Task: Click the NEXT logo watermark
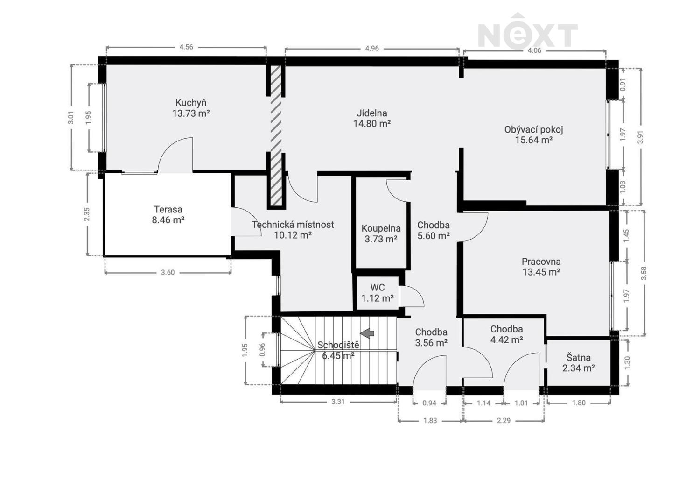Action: [527, 31]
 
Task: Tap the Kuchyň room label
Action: [191, 103]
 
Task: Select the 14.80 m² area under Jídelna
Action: [372, 124]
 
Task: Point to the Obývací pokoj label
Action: [534, 129]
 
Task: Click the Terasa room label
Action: [168, 209]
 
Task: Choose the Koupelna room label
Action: [381, 228]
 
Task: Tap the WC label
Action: [378, 287]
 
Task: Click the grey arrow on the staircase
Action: [367, 333]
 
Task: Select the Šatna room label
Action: [579, 357]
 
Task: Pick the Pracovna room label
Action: [541, 262]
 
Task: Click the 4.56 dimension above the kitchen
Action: [186, 47]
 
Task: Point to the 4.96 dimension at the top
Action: [372, 49]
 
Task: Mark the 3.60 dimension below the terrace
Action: [168, 273]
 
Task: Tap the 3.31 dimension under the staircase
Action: [338, 402]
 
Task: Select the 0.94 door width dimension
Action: [429, 403]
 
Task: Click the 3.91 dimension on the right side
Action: [641, 137]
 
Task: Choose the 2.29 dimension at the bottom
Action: [504, 421]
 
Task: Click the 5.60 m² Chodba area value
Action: [434, 236]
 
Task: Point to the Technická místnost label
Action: [293, 225]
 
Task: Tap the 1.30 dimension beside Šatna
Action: [627, 363]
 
